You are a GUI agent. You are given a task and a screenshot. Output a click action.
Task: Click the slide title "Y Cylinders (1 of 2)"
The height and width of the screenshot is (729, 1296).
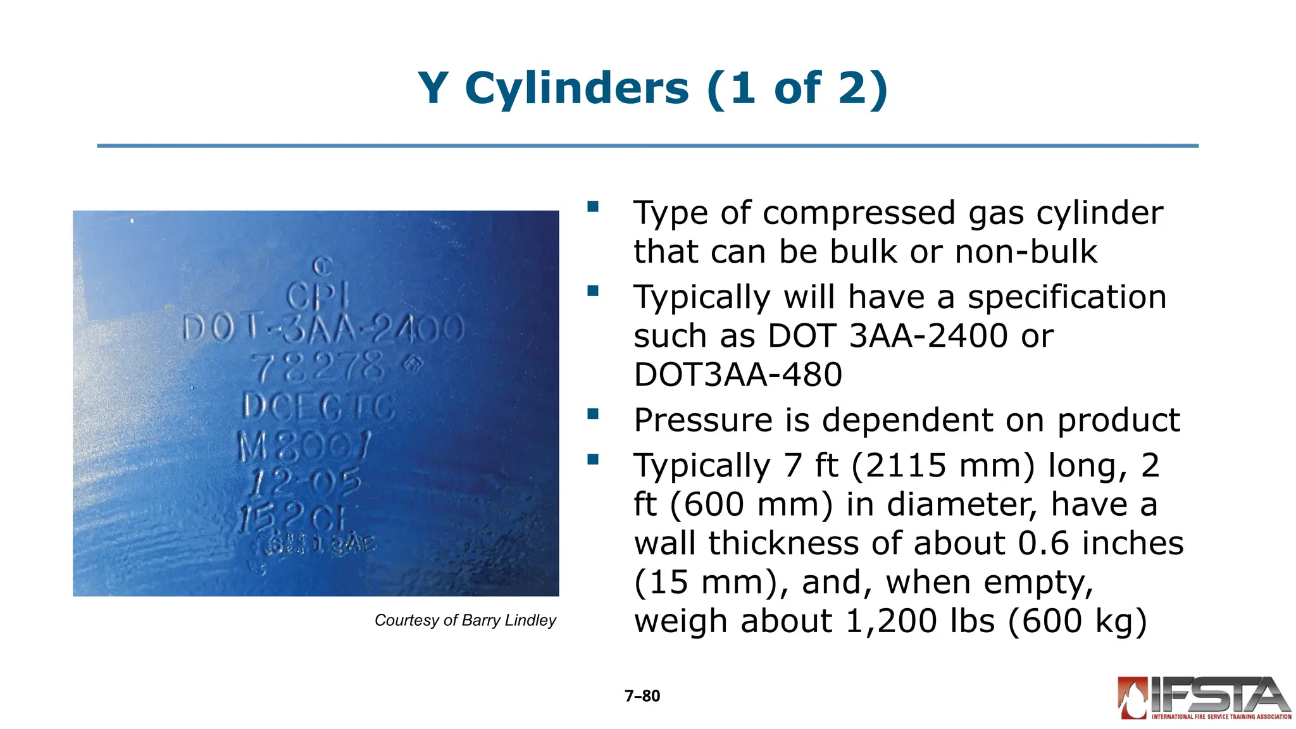[x=652, y=89]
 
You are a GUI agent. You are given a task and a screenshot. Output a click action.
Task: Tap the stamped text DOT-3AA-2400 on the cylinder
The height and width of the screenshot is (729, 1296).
[x=323, y=330]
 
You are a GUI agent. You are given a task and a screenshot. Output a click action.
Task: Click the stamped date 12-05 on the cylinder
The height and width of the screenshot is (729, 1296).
[x=306, y=483]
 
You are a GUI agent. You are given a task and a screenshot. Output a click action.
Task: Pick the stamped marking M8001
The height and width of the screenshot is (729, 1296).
[x=304, y=446]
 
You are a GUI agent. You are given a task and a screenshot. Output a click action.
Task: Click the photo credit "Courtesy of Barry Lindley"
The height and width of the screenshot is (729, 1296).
[x=465, y=620]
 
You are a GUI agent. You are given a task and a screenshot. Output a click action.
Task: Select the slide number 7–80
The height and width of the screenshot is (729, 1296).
[x=642, y=696]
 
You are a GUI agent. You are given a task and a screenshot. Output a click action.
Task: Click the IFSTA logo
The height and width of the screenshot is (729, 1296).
[x=1204, y=698]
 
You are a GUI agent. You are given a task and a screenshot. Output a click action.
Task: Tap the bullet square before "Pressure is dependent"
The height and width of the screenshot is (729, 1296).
[x=593, y=414]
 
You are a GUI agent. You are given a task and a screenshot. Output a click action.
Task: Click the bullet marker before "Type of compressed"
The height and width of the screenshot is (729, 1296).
[x=593, y=207]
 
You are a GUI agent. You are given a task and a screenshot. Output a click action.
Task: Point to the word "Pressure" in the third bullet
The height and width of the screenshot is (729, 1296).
[x=703, y=420]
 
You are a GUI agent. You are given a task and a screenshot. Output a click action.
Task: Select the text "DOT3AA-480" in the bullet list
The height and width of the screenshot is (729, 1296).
[x=738, y=375]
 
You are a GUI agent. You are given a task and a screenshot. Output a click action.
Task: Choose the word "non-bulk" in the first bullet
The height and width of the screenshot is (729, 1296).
[x=1026, y=252]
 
